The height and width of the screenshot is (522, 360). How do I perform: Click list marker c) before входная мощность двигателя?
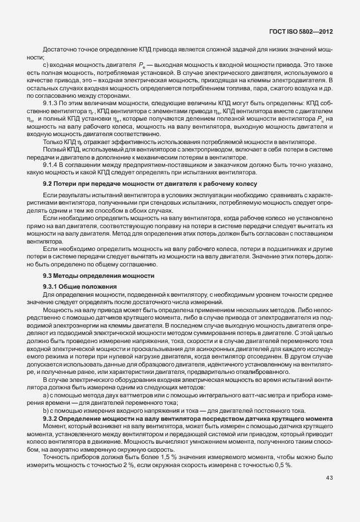[x=46, y=66]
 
